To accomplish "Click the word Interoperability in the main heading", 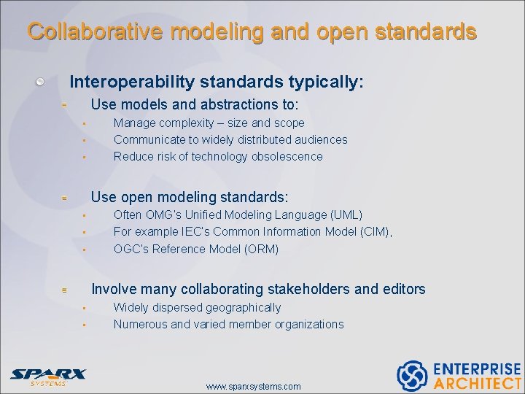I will tap(128, 82).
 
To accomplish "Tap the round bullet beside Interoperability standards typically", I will tap(42, 82).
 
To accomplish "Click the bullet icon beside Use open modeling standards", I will tap(65, 198).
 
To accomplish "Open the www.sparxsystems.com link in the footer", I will tap(253, 386).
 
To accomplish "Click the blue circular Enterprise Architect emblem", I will tap(412, 375).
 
